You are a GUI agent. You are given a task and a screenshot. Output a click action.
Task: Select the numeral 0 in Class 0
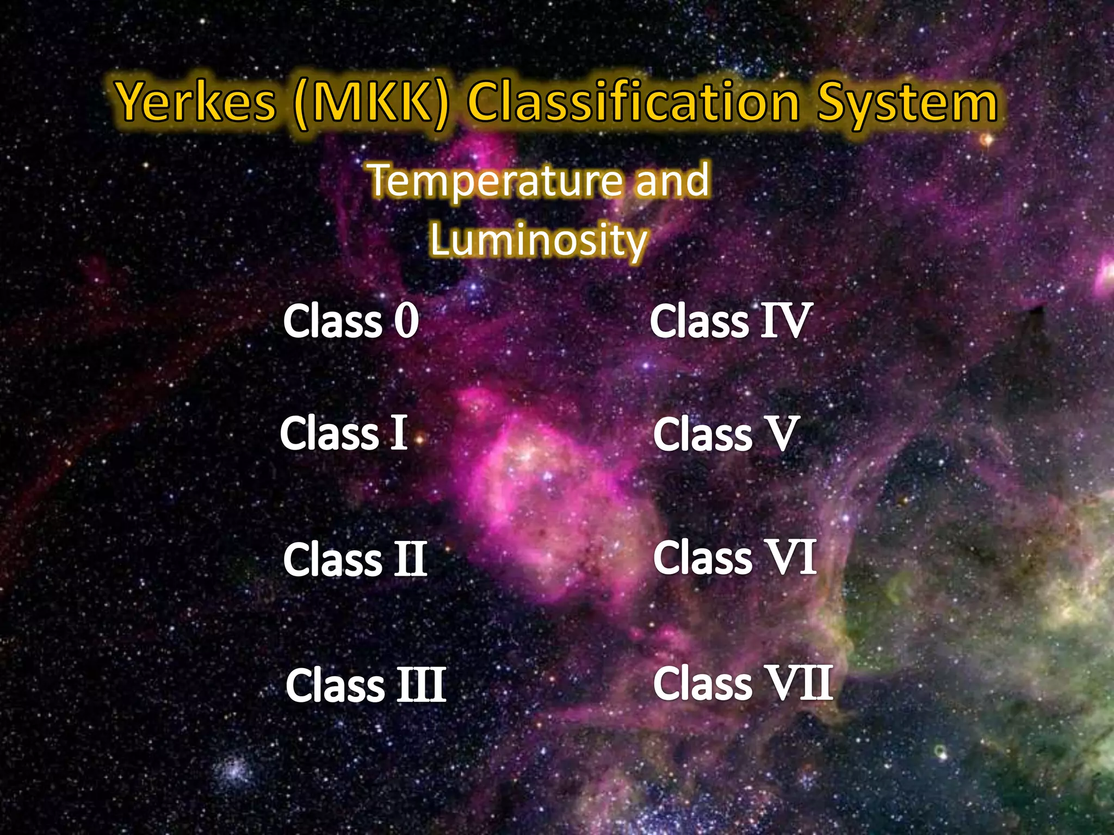pos(406,321)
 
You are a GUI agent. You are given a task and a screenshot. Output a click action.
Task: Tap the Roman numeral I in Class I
pos(399,433)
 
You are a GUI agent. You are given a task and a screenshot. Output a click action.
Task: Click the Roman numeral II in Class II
pos(410,560)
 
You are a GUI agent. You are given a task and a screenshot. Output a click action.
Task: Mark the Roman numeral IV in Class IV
pos(785,321)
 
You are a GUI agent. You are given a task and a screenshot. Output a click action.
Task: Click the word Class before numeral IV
pos(700,321)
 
